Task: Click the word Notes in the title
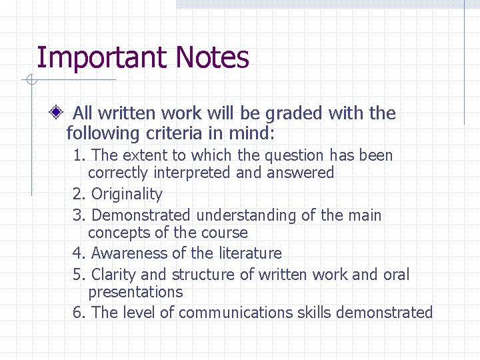(213, 58)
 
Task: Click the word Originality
(127, 194)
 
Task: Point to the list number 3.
(78, 215)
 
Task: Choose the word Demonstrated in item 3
(140, 215)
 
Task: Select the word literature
(249, 253)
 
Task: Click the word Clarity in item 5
(113, 275)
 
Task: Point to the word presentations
(135, 292)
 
